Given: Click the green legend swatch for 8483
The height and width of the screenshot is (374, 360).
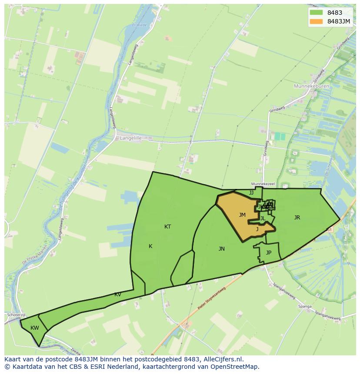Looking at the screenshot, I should [316, 13].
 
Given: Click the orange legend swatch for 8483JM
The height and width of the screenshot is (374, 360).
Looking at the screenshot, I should [316, 21].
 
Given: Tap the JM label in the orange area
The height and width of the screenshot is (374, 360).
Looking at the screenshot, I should [242, 215].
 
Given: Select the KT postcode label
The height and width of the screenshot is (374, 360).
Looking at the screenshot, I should [167, 227].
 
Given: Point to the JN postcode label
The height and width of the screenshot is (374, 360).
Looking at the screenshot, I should [222, 249].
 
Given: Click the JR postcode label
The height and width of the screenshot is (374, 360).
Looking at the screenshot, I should [297, 218].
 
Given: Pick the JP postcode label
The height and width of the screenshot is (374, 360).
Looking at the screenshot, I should [269, 253].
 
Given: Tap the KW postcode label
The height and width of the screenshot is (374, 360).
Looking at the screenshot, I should [35, 328].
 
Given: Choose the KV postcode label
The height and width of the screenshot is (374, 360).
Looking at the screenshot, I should [118, 295].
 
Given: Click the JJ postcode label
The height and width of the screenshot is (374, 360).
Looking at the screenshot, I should [251, 193].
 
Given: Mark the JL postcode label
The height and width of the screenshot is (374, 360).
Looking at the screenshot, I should [263, 218].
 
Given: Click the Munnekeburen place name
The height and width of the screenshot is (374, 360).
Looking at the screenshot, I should [312, 86].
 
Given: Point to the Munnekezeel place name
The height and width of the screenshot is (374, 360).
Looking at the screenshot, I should [263, 184].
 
